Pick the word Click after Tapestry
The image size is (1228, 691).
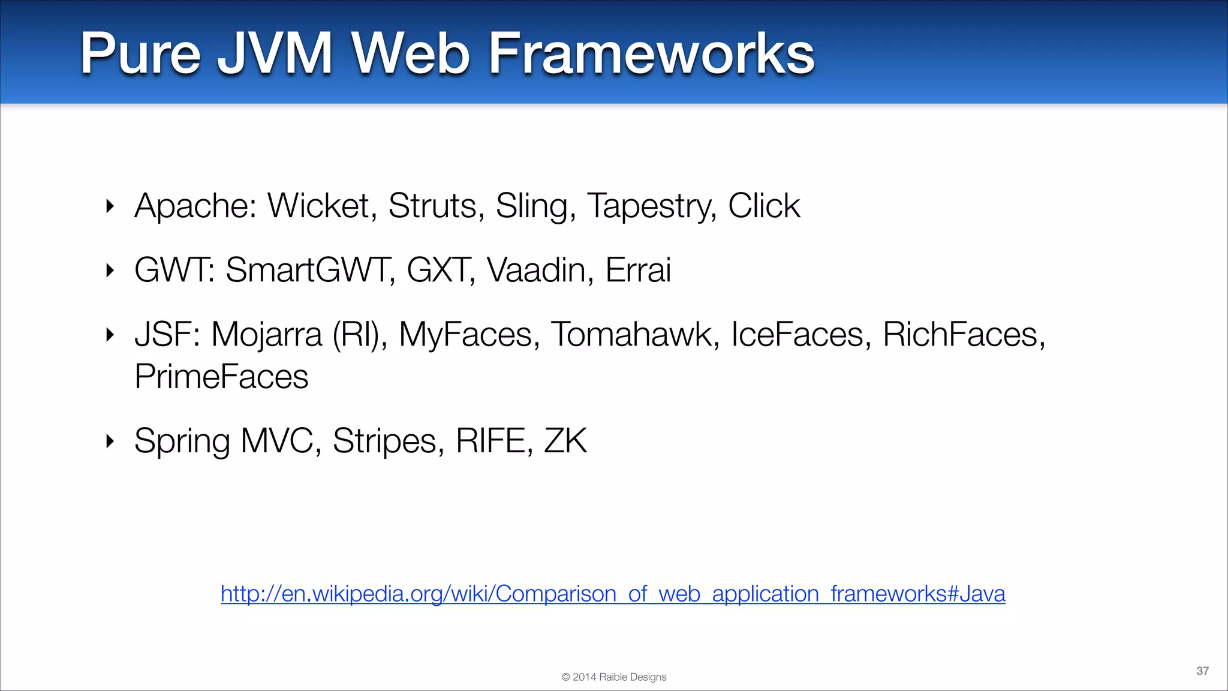pyautogui.click(x=764, y=206)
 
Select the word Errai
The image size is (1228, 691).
pyautogui.click(x=638, y=270)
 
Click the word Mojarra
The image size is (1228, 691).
pyautogui.click(x=266, y=335)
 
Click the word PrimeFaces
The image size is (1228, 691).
pyautogui.click(x=221, y=377)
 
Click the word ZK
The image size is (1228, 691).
pyautogui.click(x=565, y=441)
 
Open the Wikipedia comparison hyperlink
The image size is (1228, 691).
pyautogui.click(x=613, y=594)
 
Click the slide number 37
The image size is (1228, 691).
pyautogui.click(x=1202, y=671)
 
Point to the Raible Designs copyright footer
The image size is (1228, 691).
pyautogui.click(x=613, y=677)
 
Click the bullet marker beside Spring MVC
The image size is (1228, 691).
pyautogui.click(x=110, y=441)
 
